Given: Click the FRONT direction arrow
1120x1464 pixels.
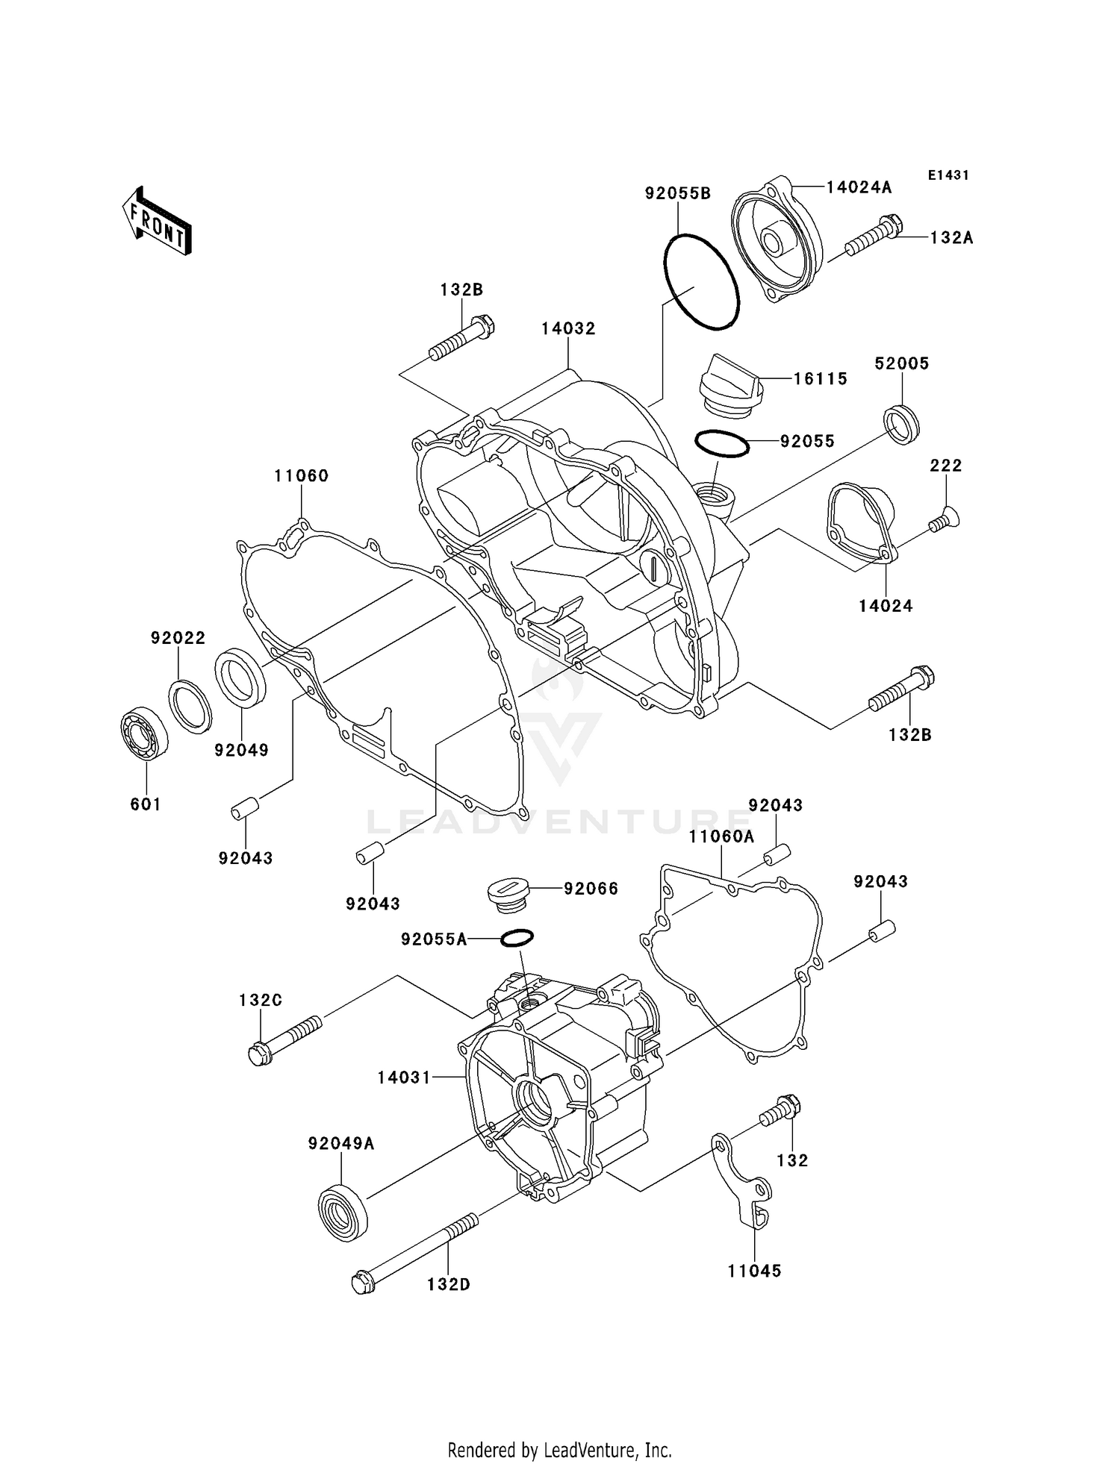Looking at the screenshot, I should pos(158,221).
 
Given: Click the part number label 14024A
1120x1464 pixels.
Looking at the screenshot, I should pos(859,187).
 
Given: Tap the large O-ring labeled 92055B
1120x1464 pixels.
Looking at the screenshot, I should pos(701,282).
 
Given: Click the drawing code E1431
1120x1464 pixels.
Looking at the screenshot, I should pos(948,175).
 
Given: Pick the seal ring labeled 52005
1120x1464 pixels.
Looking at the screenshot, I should pos(902,424).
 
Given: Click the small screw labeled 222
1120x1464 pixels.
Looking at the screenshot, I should pos(945,520).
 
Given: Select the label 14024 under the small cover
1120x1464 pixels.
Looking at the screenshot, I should pos(886,606).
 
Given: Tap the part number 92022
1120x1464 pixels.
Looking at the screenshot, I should pos(178,638).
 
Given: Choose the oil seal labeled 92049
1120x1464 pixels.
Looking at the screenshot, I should pos(240,676).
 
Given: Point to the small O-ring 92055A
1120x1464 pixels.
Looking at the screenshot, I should pos(517,938).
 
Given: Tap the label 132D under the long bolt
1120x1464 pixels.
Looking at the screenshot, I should pos(449,1284).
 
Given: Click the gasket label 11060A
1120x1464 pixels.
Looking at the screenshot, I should pos(721,836).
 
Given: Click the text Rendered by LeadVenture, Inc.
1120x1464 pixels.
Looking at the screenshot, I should pos(559,1450).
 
